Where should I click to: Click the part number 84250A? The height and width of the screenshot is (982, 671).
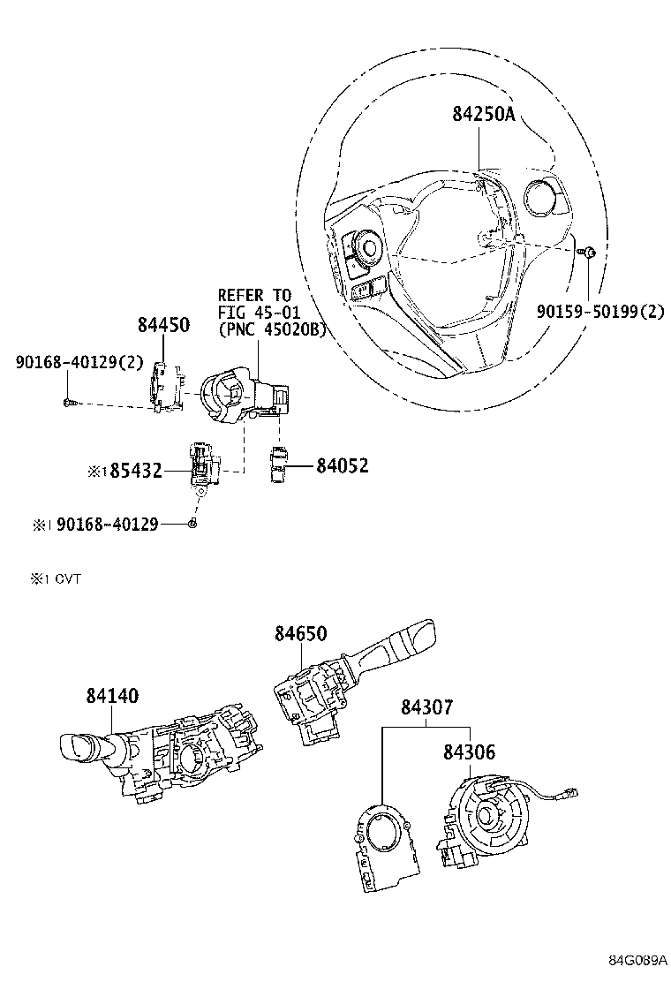pyautogui.click(x=484, y=114)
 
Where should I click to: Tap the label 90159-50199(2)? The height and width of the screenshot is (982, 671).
pyautogui.click(x=600, y=311)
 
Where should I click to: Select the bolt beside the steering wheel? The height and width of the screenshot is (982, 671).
pyautogui.click(x=589, y=253)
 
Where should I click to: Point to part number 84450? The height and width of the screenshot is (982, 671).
pyautogui.click(x=163, y=324)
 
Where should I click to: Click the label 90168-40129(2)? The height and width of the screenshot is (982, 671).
pyautogui.click(x=79, y=362)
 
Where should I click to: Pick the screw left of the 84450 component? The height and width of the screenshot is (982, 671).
pyautogui.click(x=68, y=403)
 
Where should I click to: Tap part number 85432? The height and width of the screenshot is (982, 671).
pyautogui.click(x=136, y=471)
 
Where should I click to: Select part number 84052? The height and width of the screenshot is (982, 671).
pyautogui.click(x=343, y=465)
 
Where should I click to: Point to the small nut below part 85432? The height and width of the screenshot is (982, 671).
pyautogui.click(x=192, y=524)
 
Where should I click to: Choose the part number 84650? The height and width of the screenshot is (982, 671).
pyautogui.click(x=301, y=634)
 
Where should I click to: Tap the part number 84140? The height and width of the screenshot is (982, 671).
pyautogui.click(x=113, y=696)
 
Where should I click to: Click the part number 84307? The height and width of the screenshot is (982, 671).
pyautogui.click(x=427, y=707)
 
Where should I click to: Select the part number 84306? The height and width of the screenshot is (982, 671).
pyautogui.click(x=470, y=752)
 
